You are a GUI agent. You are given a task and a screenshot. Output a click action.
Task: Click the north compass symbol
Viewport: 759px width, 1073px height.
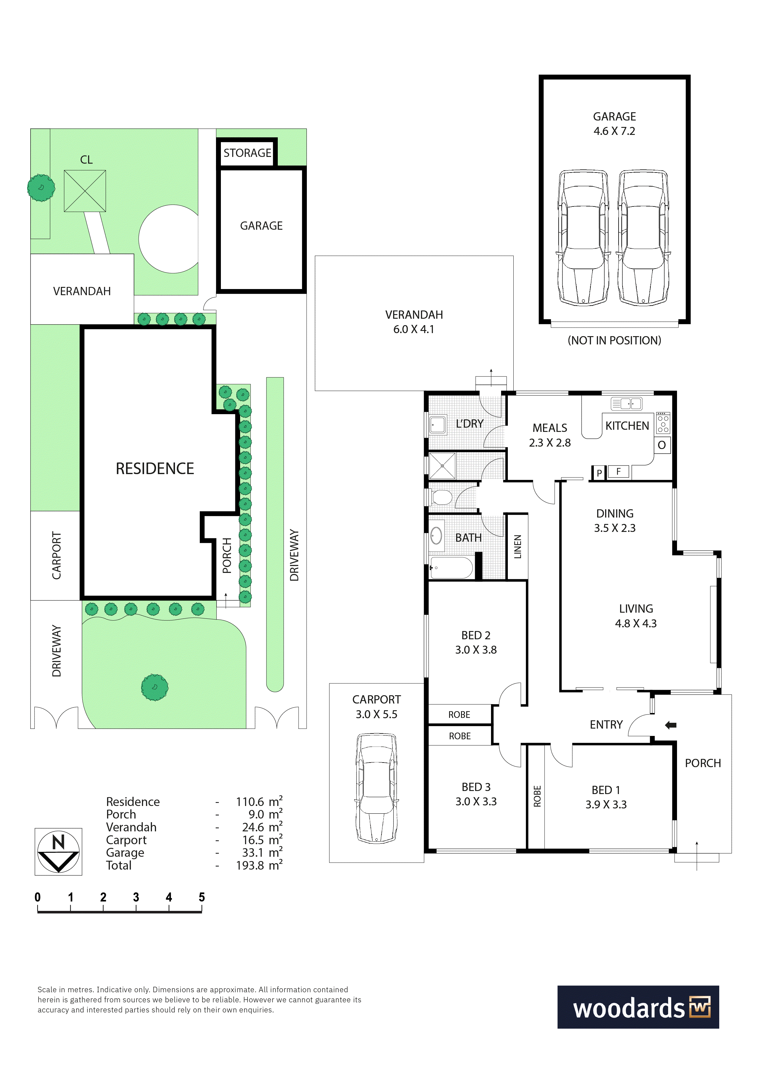coord(58,852)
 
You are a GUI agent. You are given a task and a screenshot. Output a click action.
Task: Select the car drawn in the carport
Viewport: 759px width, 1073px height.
coord(376,788)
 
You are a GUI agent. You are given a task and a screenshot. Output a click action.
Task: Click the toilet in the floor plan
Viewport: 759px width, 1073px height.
coord(441,497)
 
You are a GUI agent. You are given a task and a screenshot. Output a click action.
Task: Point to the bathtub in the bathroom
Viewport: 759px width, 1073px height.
coord(451,567)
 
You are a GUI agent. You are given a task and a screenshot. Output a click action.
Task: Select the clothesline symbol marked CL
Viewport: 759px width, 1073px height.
coord(85,191)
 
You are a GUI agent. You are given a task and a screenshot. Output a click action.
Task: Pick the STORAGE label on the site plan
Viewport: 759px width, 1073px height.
coord(247,153)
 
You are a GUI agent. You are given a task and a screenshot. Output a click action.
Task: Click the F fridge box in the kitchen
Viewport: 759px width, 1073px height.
coord(618,472)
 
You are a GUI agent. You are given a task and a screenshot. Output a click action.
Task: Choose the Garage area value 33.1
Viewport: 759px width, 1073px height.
coord(253,852)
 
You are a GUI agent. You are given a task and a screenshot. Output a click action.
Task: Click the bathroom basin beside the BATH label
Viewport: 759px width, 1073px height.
coord(436,536)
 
